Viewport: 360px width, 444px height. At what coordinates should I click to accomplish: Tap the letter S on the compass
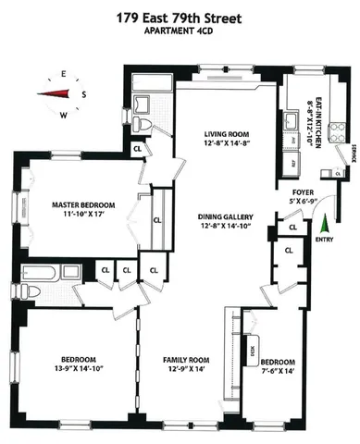point(83,93)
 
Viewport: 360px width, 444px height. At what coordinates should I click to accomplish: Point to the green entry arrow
point(323,222)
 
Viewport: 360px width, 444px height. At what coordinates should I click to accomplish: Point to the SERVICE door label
point(353,152)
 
